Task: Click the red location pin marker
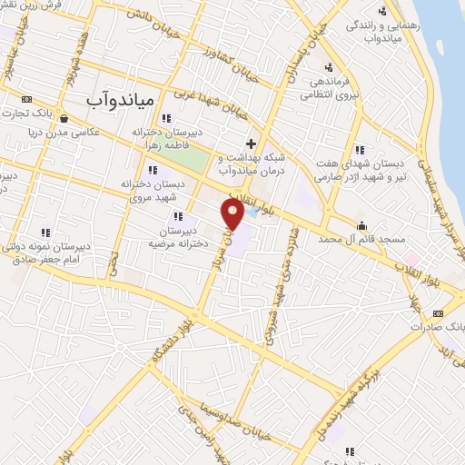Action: [232, 214]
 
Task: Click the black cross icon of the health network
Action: [252, 143]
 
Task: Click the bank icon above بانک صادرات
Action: [439, 312]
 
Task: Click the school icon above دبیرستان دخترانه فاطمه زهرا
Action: [165, 118]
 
